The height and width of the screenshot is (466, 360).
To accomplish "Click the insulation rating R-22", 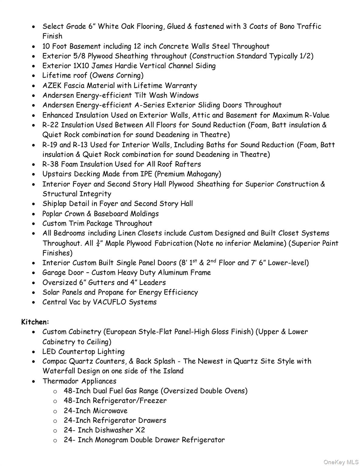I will (x=51, y=125).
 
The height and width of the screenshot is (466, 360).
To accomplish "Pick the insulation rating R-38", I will (x=51, y=164).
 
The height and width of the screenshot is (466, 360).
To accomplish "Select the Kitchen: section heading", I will (x=35, y=322).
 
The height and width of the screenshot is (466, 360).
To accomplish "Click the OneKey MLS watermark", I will (x=341, y=462).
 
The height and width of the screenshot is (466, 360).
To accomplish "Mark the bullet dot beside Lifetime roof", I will (x=35, y=76).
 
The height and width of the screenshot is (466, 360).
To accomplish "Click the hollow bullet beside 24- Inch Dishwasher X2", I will (x=55, y=431).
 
